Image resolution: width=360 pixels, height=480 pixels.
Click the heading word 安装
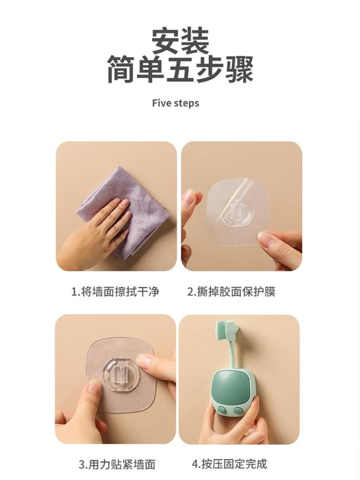180,41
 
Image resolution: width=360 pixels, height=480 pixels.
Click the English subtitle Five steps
175,103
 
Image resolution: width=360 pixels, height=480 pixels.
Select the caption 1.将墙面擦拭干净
115,291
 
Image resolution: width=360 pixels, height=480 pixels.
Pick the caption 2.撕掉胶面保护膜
231,291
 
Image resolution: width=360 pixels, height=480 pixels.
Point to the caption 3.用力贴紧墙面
117,464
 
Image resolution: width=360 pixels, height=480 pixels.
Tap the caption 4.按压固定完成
229,464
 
